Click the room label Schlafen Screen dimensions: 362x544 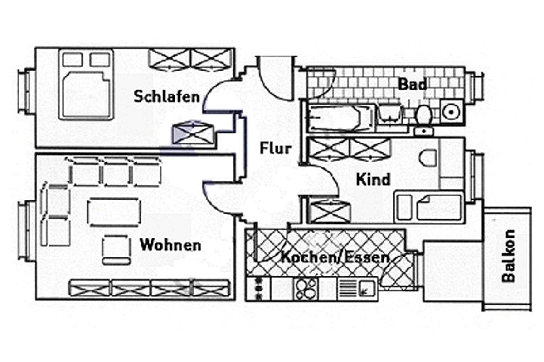(166, 97)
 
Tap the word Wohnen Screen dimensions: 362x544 (170, 246)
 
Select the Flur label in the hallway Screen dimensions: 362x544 (275, 148)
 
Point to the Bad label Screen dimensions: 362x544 (412, 85)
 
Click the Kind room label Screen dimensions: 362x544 (373, 180)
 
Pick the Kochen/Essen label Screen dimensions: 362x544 (335, 258)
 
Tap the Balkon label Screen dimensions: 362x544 (509, 256)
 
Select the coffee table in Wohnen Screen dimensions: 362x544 (114, 212)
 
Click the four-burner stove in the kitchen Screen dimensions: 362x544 (306, 288)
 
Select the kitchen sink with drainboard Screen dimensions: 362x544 (356, 288)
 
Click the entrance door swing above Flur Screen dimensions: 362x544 (274, 75)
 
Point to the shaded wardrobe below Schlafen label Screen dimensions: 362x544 (192, 134)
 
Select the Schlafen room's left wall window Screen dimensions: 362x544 (26, 91)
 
